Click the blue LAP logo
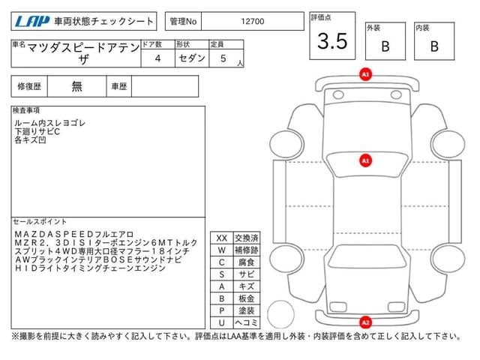pyautogui.click(x=31, y=22)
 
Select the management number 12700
pyautogui.click(x=253, y=22)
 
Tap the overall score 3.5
pyautogui.click(x=332, y=41)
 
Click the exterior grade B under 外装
pyautogui.click(x=385, y=46)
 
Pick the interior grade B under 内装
pyautogui.click(x=434, y=46)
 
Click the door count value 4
pyautogui.click(x=157, y=58)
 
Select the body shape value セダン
pyautogui.click(x=192, y=58)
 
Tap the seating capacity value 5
pyautogui.click(x=223, y=58)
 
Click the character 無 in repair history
pyautogui.click(x=76, y=86)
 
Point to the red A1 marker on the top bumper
pyautogui.click(x=365, y=74)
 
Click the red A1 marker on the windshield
pyautogui.click(x=365, y=160)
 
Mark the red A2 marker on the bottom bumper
pyautogui.click(x=365, y=322)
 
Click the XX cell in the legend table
pyautogui.click(x=222, y=238)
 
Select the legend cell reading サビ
pyautogui.click(x=247, y=274)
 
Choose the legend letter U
pyautogui.click(x=222, y=322)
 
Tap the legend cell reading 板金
pyautogui.click(x=247, y=298)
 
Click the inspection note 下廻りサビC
pyautogui.click(x=37, y=132)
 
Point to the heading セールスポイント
pyautogui.click(x=40, y=222)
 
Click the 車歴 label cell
pyautogui.click(x=118, y=86)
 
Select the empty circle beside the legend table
pyautogui.click(x=280, y=314)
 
